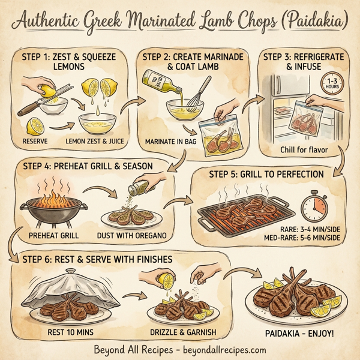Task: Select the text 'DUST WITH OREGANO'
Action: [x=133, y=235]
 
